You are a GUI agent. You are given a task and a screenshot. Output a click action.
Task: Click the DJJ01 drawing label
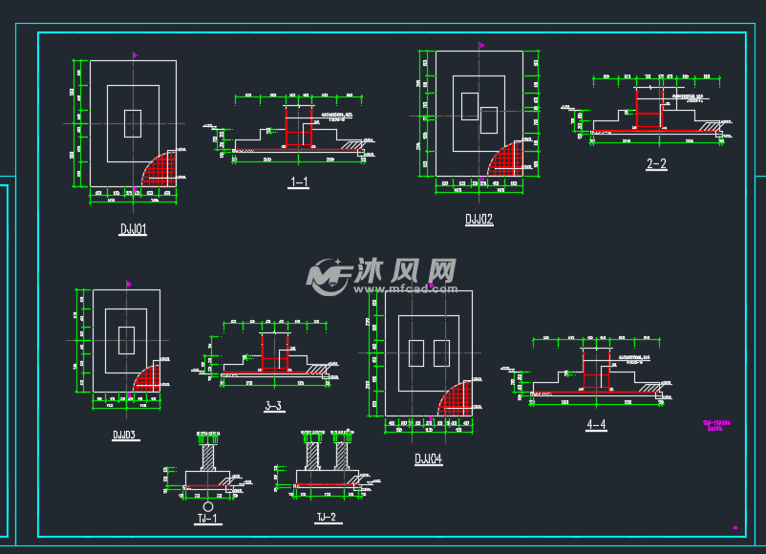coord(132,230)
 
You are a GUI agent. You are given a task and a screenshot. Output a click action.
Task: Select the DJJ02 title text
coord(479,220)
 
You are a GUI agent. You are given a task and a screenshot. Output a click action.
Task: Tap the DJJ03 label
coord(124,435)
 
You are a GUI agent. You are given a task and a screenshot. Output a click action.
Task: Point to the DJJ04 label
coord(428,459)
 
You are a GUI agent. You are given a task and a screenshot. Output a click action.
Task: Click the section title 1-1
coord(298,181)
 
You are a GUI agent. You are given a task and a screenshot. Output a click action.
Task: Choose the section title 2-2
coord(656,164)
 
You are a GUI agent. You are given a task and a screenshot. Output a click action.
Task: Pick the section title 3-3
coord(272,406)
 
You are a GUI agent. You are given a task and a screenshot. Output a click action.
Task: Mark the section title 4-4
coord(597,424)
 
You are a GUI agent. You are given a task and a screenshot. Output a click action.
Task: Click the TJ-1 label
coord(208,520)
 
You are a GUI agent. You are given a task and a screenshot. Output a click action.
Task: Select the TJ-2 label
coord(327,518)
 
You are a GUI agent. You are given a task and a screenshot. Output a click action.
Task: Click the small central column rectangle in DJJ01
coord(133,123)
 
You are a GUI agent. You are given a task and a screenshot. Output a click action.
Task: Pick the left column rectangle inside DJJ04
coord(415,353)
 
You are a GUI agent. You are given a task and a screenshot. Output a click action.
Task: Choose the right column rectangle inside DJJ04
coord(441,353)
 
